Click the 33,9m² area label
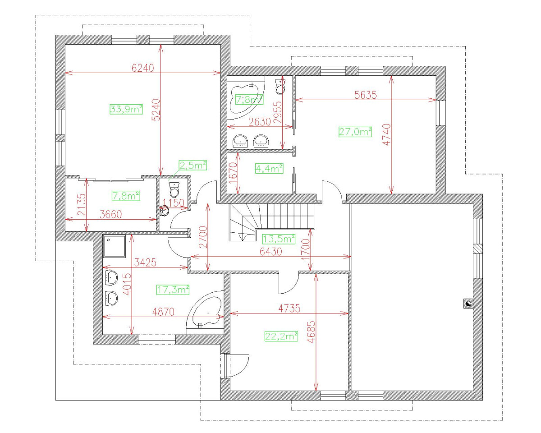click(126, 109)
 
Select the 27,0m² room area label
click(355, 132)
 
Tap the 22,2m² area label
click(281, 336)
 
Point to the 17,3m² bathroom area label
click(173, 290)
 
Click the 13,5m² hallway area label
click(279, 239)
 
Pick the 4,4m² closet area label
click(269, 168)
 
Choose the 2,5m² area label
click(193, 165)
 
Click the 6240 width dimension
click(143, 68)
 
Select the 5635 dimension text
click(366, 95)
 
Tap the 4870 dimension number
click(163, 312)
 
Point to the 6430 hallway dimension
click(271, 251)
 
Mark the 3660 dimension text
click(110, 214)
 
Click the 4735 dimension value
click(289, 308)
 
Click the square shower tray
click(114, 246)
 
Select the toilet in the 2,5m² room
click(174, 189)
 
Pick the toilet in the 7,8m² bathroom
click(280, 86)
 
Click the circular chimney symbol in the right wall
click(468, 304)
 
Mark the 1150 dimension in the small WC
click(173, 203)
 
